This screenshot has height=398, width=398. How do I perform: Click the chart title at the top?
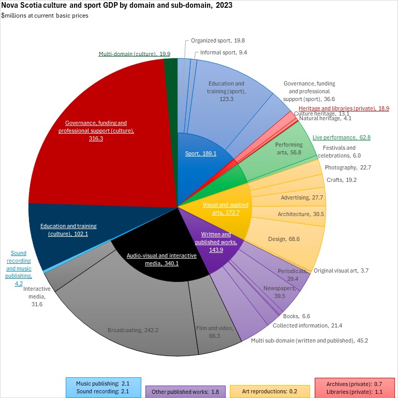click(x=117, y=6)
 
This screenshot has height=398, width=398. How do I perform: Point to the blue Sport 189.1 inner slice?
click(x=201, y=153)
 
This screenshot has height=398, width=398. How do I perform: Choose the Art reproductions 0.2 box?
click(x=270, y=391)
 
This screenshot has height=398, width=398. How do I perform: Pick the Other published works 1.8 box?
click(x=185, y=391)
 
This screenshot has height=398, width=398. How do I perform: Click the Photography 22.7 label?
click(x=347, y=167)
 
